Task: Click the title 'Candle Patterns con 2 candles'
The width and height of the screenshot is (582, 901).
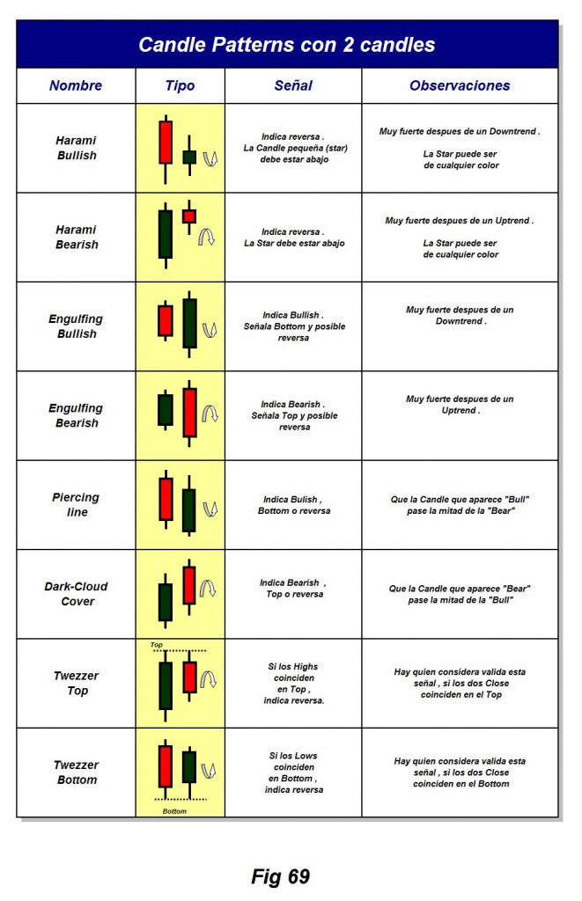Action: point(286,45)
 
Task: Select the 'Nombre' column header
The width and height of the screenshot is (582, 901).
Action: point(76,85)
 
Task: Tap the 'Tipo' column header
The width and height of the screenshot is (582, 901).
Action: point(180,85)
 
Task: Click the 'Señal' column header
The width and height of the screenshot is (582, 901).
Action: point(293,85)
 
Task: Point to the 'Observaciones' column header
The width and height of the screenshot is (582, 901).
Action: point(459,85)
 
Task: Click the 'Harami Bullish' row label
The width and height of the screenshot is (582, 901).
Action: point(76,148)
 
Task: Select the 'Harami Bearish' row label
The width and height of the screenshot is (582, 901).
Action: point(76,238)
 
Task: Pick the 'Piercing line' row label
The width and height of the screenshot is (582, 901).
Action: point(76,504)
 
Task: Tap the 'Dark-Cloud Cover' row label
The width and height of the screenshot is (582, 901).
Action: point(76,594)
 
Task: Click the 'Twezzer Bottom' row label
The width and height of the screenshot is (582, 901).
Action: point(76,773)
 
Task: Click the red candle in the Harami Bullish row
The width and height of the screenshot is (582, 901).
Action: point(165,143)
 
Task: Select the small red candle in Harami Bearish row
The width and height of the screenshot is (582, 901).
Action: point(188,216)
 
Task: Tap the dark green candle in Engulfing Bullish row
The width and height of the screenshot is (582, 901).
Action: point(189,323)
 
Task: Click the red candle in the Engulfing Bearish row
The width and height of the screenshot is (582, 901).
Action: point(189,412)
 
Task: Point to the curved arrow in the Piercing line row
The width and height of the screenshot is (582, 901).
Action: point(210,509)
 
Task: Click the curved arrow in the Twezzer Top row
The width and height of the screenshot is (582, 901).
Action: point(209,678)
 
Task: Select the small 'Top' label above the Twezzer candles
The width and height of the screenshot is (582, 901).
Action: point(157,645)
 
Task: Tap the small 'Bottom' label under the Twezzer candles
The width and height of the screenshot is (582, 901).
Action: point(175,810)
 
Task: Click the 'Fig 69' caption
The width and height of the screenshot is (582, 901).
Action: point(280,876)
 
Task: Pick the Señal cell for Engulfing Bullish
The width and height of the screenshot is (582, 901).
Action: point(293,326)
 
